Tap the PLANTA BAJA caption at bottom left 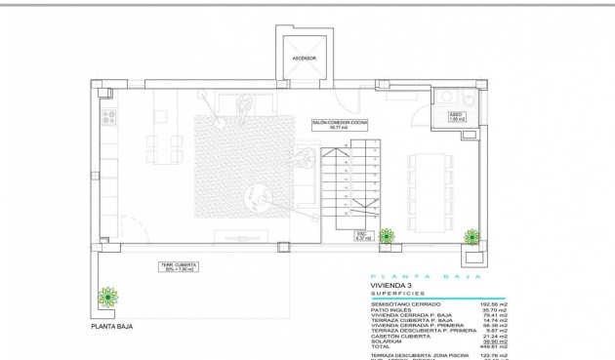coord(112,326)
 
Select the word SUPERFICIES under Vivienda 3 coord(398,294)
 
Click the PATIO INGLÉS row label coord(391,310)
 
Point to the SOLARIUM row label coord(387,340)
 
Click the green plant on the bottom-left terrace coord(108,297)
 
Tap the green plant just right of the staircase coord(388,235)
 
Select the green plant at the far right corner coord(472,236)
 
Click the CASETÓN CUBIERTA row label coord(397,335)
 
